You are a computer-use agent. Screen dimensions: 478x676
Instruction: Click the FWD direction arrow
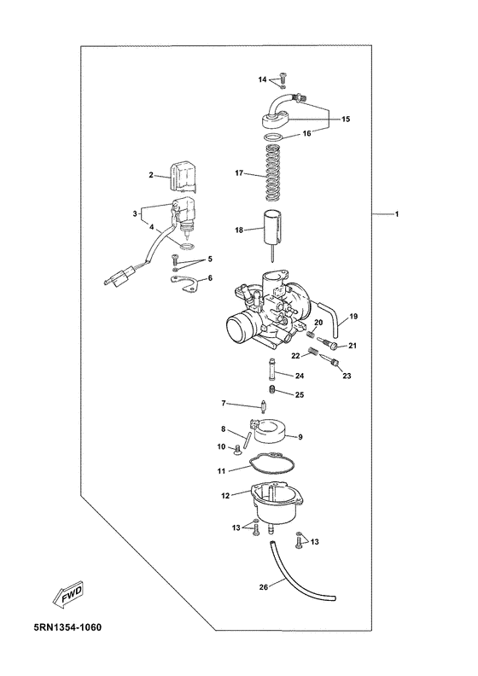click(67, 595)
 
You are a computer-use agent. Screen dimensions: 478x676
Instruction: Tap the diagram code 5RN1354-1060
click(67, 626)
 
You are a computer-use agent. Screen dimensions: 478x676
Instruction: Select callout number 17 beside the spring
click(239, 173)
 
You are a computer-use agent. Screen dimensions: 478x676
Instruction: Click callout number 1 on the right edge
click(397, 214)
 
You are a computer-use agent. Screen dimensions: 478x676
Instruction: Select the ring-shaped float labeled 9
click(269, 431)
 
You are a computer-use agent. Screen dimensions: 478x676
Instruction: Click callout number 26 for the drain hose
click(265, 586)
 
